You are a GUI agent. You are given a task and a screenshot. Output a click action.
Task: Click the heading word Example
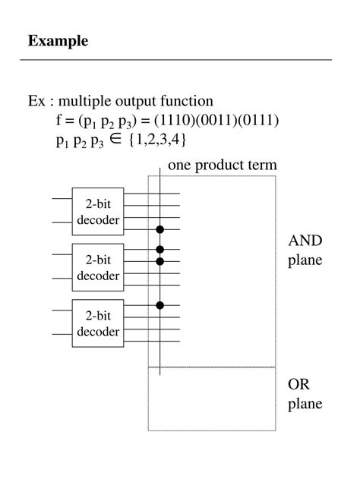coord(58,41)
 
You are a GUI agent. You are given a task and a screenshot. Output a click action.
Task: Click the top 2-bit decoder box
coord(98,211)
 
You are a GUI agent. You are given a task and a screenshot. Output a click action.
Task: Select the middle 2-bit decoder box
coord(98,267)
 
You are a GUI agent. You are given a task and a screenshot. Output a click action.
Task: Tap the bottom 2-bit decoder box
coord(98,323)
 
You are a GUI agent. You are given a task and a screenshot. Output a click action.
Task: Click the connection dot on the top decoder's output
coord(159,228)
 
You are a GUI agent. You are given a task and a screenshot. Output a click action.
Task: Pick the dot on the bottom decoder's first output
coord(159,305)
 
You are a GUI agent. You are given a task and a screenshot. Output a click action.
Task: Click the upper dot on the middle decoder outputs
coord(159,249)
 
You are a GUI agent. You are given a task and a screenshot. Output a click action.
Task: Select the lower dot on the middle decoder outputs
coord(159,261)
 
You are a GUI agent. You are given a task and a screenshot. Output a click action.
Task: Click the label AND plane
coord(305,251)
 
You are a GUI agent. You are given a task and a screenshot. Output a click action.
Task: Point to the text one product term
coord(223,165)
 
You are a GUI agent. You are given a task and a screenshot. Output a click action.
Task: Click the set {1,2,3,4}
coord(158,140)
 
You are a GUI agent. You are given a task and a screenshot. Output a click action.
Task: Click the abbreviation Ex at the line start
coord(36,101)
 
